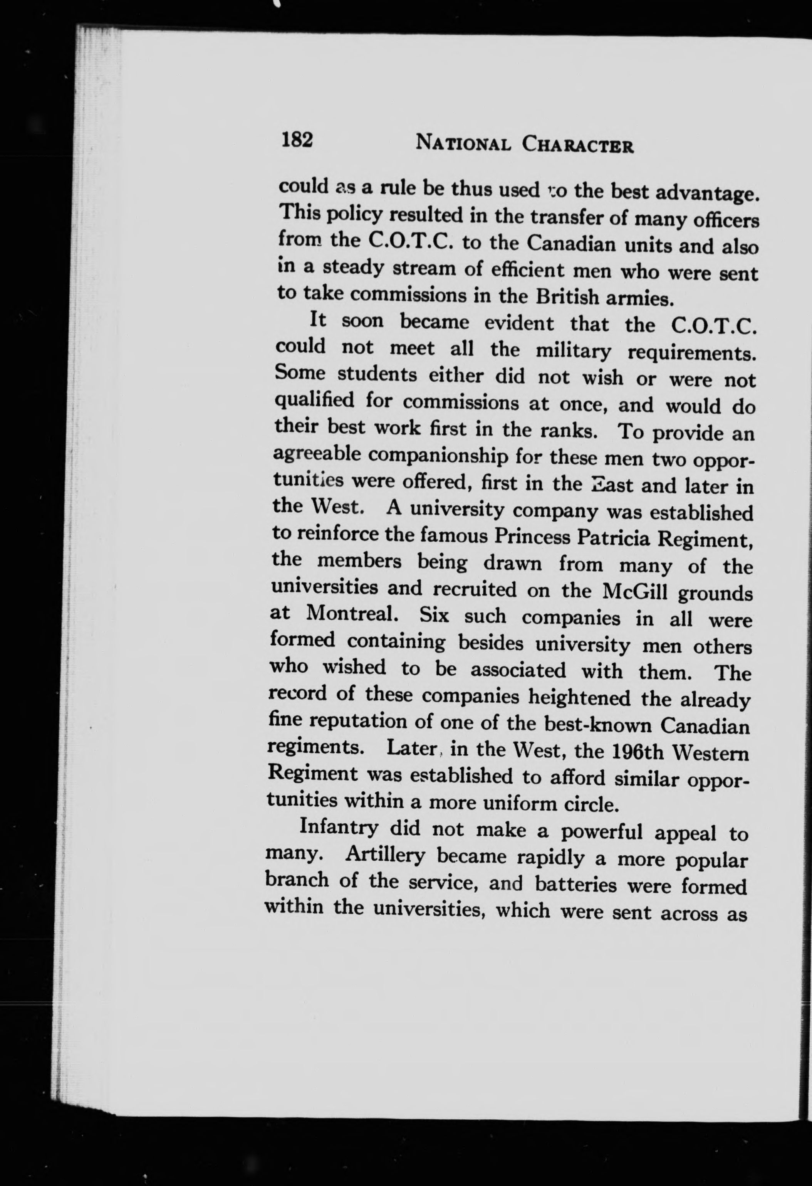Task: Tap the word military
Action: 573,351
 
